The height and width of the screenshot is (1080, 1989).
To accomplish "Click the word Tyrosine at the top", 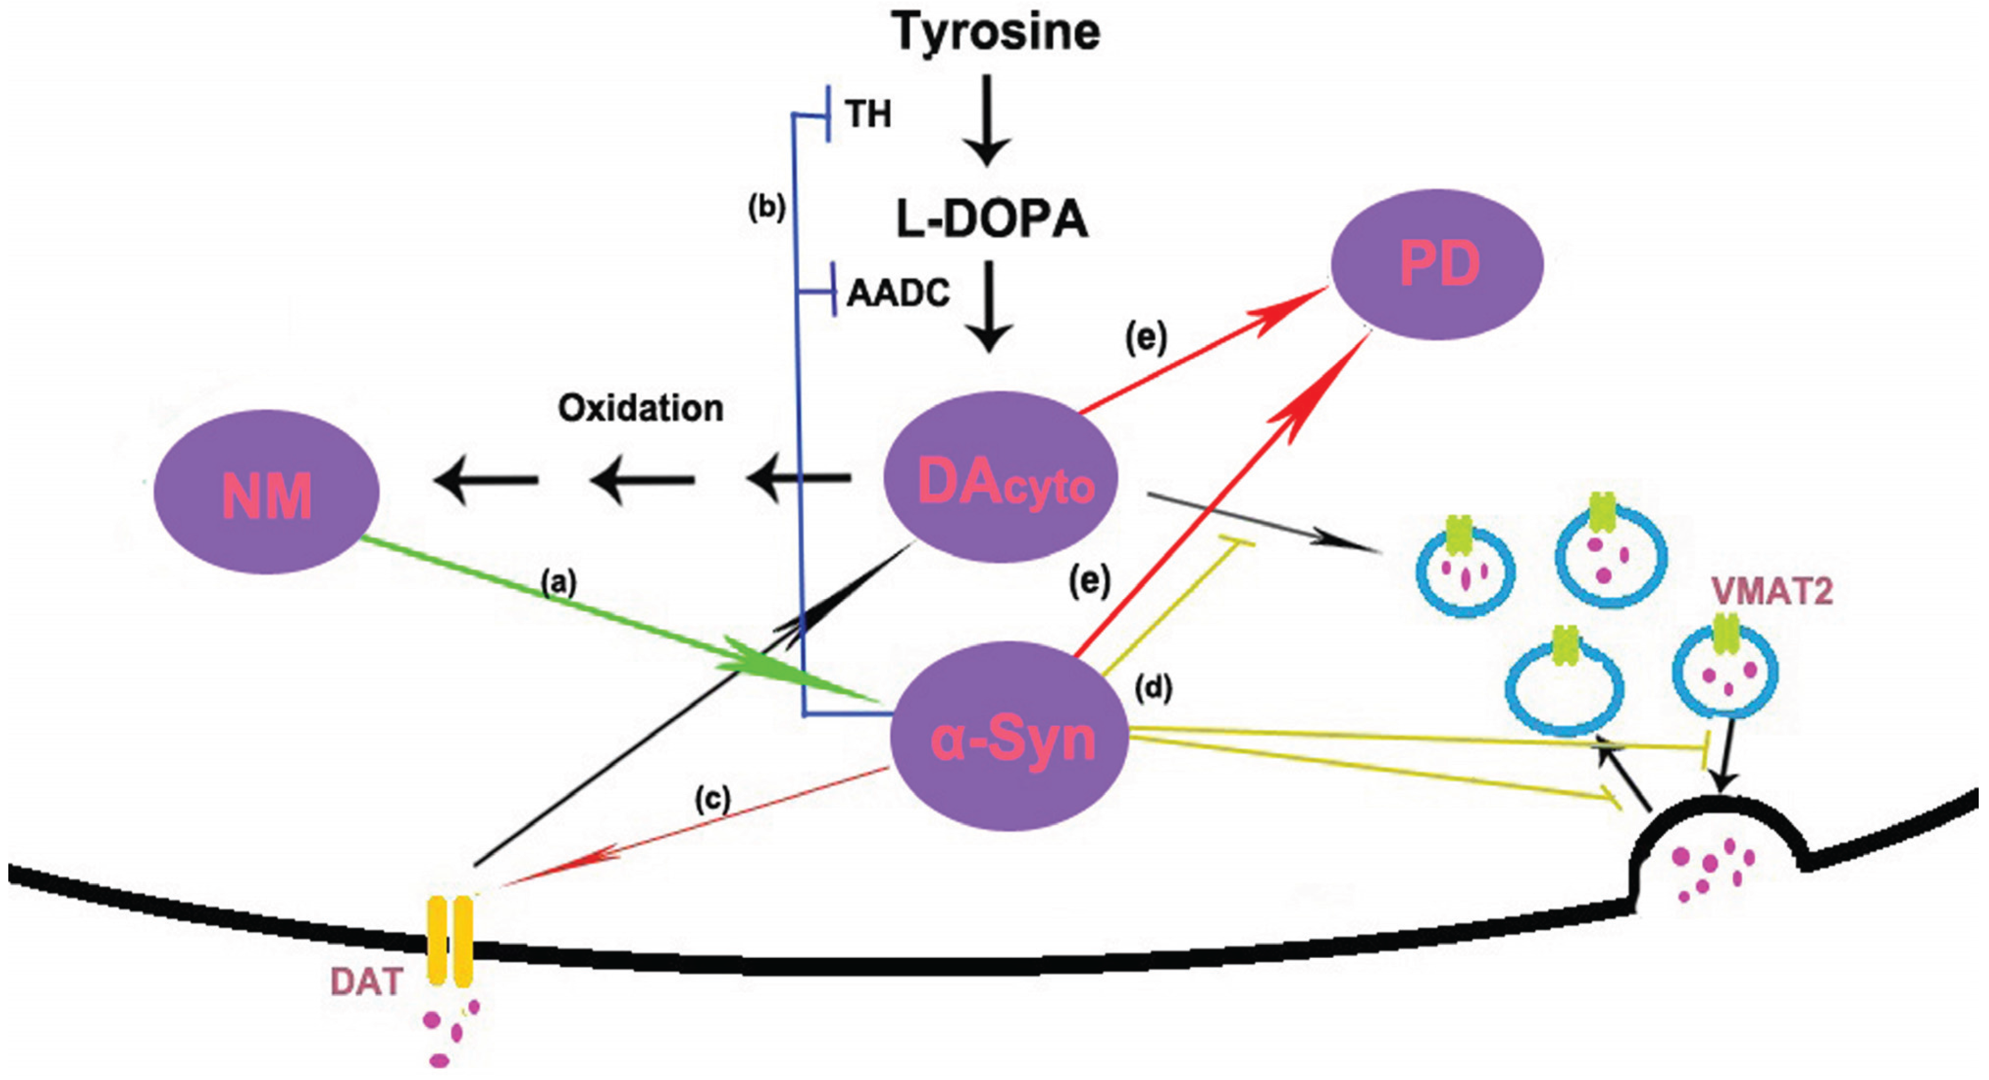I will click(x=996, y=32).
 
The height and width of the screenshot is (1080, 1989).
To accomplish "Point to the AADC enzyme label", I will click(x=899, y=294).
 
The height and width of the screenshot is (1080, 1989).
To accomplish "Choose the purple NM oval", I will click(x=267, y=492).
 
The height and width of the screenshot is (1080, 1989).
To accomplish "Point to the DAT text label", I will click(x=367, y=982).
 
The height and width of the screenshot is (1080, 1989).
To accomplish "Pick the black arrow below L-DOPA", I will click(x=990, y=309).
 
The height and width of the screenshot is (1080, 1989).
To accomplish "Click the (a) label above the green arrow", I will click(x=558, y=583).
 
